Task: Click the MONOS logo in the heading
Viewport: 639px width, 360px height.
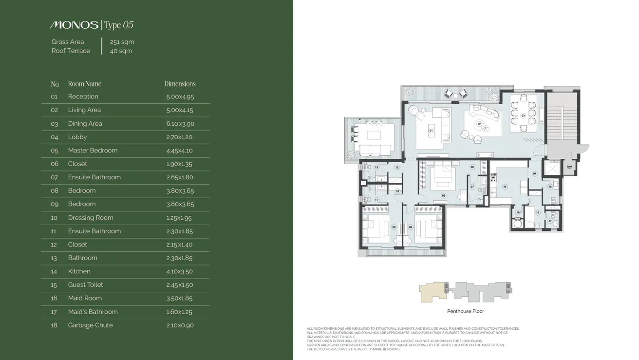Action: [74, 25]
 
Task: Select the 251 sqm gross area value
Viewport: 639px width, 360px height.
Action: [122, 42]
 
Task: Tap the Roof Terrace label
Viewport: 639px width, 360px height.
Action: [71, 51]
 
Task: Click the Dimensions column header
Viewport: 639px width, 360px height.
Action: [180, 84]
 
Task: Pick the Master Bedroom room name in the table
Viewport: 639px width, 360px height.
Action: [93, 151]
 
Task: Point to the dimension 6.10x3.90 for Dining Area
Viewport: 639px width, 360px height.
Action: [180, 124]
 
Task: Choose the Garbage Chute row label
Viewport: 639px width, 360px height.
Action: [90, 325]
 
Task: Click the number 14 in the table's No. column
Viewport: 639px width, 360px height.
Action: [54, 271]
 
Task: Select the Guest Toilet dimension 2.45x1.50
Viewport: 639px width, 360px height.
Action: [180, 285]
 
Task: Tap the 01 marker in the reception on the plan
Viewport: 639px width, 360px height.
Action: [431, 131]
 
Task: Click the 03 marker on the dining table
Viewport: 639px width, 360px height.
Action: [523, 115]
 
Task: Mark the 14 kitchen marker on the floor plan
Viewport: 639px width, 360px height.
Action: [505, 187]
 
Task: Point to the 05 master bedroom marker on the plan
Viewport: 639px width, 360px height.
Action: [443, 195]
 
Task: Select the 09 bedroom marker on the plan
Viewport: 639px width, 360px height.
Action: [394, 227]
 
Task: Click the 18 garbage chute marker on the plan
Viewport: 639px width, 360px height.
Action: [518, 213]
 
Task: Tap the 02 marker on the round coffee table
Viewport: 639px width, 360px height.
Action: [479, 124]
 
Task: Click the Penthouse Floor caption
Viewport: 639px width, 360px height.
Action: [465, 311]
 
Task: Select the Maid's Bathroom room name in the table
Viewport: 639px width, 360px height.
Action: [93, 312]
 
